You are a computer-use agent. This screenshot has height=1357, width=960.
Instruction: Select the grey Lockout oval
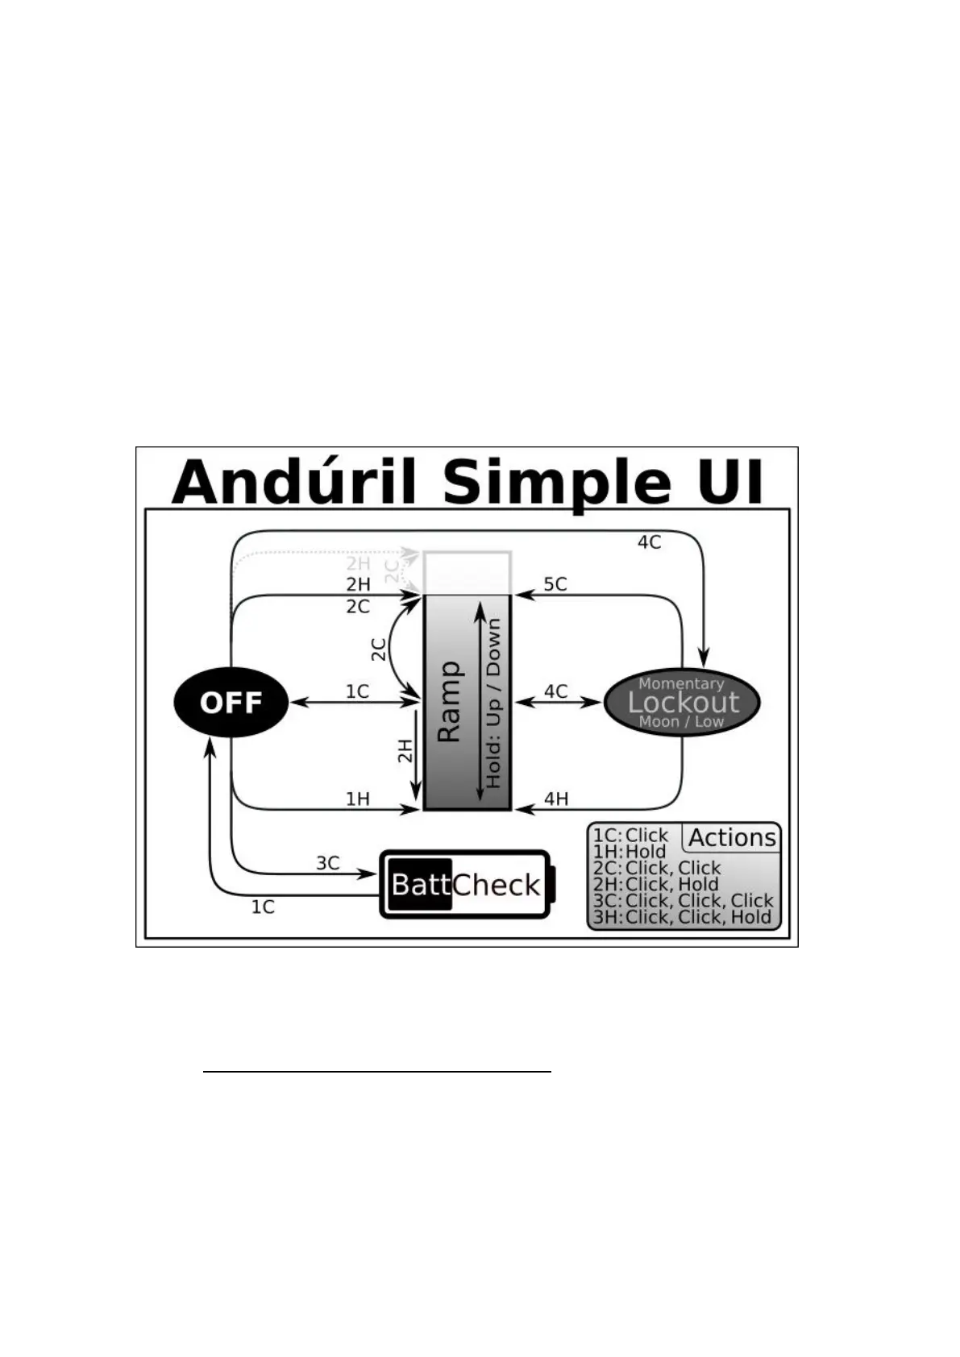682,702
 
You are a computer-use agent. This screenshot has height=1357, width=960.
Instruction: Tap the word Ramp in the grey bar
449,702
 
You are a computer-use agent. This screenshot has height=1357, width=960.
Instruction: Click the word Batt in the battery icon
420,885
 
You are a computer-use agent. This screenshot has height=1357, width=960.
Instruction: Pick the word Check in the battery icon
496,885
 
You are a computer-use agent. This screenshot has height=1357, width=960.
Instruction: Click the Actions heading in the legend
732,838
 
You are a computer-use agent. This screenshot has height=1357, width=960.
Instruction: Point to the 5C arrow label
555,583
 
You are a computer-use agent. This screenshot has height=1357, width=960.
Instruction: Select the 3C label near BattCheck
327,863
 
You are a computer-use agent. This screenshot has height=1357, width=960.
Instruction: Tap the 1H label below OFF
357,799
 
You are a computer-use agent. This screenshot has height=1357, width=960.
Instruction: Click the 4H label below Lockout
556,799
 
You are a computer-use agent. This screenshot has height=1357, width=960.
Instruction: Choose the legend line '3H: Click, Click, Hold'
683,916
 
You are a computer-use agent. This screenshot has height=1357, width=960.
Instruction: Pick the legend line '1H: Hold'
630,852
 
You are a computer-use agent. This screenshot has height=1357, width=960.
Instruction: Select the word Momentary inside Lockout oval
681,683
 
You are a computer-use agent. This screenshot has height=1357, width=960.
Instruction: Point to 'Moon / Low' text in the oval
681,721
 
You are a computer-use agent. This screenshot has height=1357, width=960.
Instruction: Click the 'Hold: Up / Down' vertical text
493,702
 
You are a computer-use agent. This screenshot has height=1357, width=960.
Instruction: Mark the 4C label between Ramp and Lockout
555,691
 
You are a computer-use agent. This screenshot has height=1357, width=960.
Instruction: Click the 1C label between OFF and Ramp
357,691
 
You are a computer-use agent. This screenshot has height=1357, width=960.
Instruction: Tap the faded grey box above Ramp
468,572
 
